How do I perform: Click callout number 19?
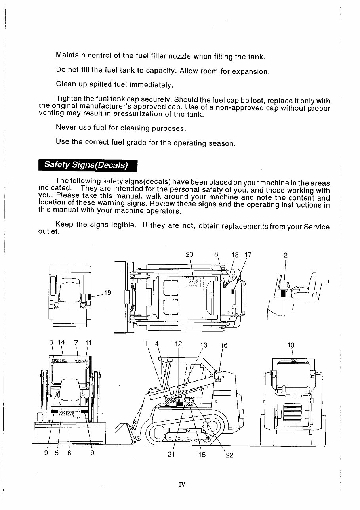(107, 293)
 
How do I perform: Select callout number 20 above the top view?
(189, 255)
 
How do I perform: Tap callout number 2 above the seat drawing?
(285, 255)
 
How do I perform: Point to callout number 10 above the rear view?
(291, 345)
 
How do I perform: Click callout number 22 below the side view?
(229, 455)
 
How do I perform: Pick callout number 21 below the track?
(171, 455)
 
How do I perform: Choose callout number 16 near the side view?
(224, 345)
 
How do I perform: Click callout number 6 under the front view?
(69, 453)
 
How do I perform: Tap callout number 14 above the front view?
(61, 342)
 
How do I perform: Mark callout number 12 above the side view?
(178, 344)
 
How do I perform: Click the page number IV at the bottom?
(182, 484)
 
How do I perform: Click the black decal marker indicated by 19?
(90, 296)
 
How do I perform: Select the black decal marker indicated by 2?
(283, 293)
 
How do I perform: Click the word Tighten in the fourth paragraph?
(69, 98)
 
